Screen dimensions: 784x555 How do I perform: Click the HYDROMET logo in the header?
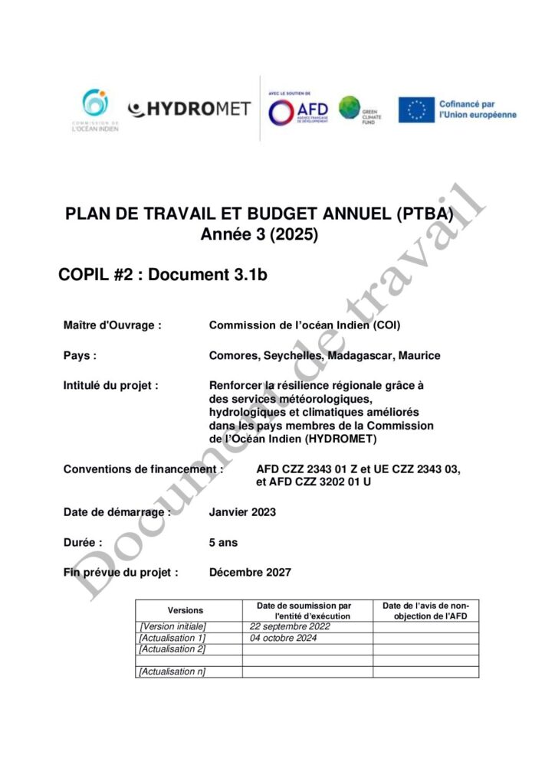coord(189,109)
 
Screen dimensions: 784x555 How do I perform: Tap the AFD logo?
coord(298,110)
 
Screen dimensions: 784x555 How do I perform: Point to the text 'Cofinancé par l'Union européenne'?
coord(477,109)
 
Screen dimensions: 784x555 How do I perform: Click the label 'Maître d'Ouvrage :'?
coord(113,325)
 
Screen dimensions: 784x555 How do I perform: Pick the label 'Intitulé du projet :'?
coord(110,386)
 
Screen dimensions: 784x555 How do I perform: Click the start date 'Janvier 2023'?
coord(242,512)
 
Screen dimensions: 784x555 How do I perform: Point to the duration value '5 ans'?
coord(223,543)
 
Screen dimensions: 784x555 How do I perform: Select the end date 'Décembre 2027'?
coord(250,572)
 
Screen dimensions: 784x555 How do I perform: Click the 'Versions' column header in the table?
coord(186,610)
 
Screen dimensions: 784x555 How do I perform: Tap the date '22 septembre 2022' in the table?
coord(290,626)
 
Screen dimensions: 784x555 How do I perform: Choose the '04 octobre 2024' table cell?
coord(284,638)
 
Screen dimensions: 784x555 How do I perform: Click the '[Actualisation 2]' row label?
coord(172,649)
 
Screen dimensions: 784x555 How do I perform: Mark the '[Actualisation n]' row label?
coord(172,671)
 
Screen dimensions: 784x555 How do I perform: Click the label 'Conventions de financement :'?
coord(143,469)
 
